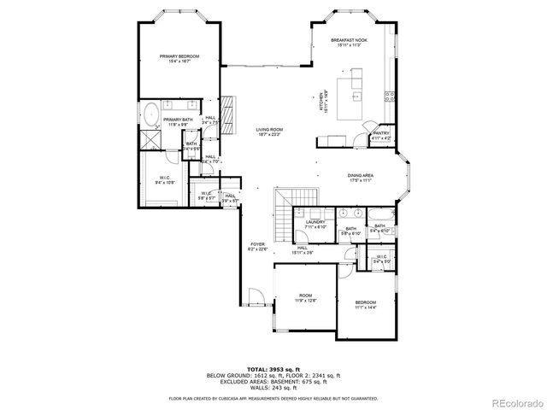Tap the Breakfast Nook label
point(348,39)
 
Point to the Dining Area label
point(360,178)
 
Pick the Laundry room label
point(315,224)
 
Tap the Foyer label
point(257,247)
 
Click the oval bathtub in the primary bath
point(150,113)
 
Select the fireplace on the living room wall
point(228,108)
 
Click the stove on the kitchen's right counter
point(391,94)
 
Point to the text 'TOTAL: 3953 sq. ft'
point(273,368)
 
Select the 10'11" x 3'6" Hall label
point(303,251)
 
